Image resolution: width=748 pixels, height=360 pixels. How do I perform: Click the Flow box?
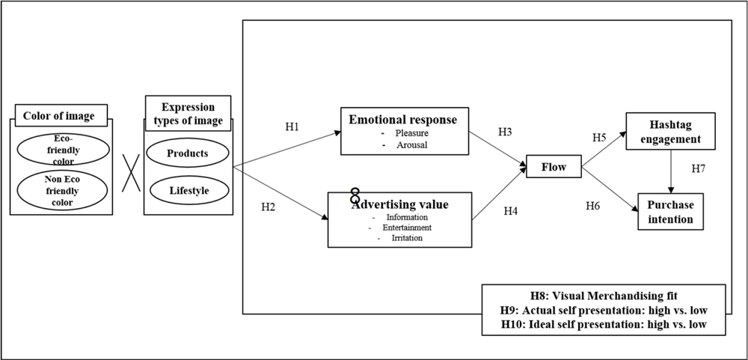click(554, 166)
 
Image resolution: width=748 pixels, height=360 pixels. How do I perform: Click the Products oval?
click(188, 153)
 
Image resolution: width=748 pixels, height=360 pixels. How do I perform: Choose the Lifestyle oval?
click(188, 191)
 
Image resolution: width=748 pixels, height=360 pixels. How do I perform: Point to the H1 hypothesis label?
click(292, 127)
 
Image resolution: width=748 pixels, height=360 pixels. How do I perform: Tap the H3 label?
click(506, 132)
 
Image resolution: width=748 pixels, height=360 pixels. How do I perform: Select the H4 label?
click(510, 210)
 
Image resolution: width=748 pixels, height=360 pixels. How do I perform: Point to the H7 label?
click(698, 168)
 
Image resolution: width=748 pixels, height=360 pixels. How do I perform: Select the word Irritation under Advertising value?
click(407, 237)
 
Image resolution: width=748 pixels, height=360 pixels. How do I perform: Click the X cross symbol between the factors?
click(132, 171)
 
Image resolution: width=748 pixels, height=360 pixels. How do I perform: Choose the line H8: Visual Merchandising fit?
click(604, 295)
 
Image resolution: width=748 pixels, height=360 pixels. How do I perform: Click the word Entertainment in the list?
click(407, 228)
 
